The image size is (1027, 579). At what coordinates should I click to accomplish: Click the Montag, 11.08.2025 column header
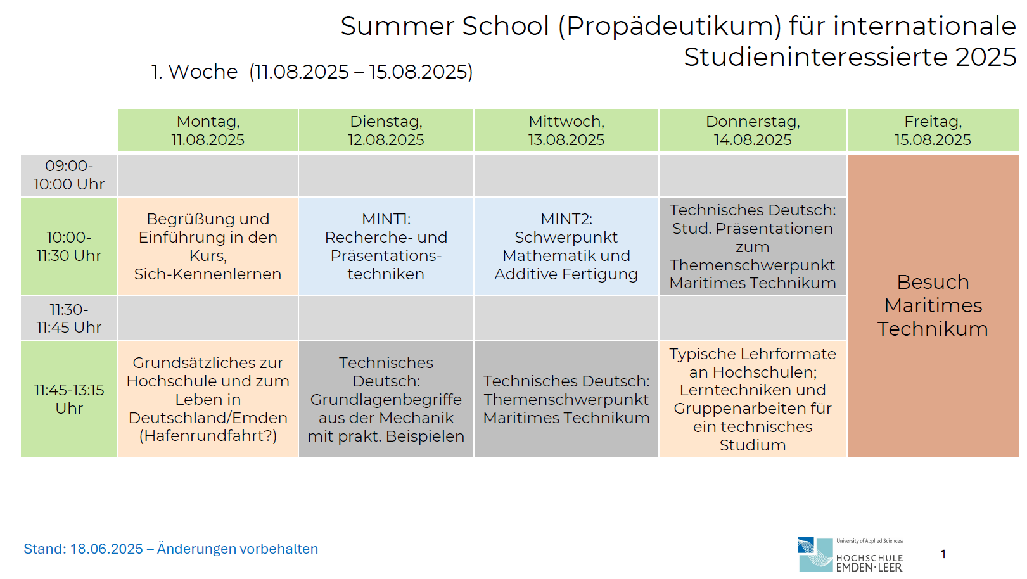click(208, 130)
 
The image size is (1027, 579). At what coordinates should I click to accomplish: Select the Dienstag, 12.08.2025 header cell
click(386, 130)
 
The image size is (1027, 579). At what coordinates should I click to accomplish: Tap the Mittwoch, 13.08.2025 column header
click(566, 130)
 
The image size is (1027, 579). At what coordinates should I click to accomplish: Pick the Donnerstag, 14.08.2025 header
click(753, 130)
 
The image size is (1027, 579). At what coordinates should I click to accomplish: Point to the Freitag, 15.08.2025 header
click(933, 130)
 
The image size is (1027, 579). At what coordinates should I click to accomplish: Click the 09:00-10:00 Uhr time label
click(69, 175)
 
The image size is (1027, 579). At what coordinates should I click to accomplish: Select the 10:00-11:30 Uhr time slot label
click(69, 246)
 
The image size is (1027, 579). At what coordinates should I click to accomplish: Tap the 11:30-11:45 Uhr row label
click(69, 318)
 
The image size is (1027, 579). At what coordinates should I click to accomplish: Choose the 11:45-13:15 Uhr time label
click(69, 399)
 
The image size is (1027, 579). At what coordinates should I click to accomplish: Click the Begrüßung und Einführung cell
click(208, 246)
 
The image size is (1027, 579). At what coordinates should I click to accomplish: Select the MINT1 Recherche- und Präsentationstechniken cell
click(386, 246)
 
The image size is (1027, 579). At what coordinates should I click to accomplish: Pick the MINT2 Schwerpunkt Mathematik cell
click(566, 246)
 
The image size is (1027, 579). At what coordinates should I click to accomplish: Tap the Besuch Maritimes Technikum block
click(933, 306)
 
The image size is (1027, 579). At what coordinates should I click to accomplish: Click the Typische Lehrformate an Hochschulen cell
click(753, 399)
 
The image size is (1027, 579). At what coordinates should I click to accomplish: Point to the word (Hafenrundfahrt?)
click(208, 436)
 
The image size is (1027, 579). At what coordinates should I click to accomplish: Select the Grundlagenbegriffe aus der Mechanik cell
click(386, 399)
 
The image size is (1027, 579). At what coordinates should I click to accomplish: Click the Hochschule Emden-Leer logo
click(850, 554)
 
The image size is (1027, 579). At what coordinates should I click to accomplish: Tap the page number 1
click(943, 554)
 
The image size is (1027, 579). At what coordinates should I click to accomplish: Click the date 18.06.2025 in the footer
click(106, 549)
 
